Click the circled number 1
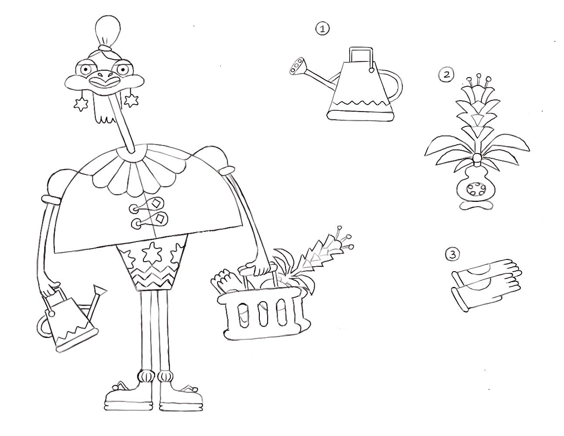[x=322, y=29]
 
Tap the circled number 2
[x=445, y=74]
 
